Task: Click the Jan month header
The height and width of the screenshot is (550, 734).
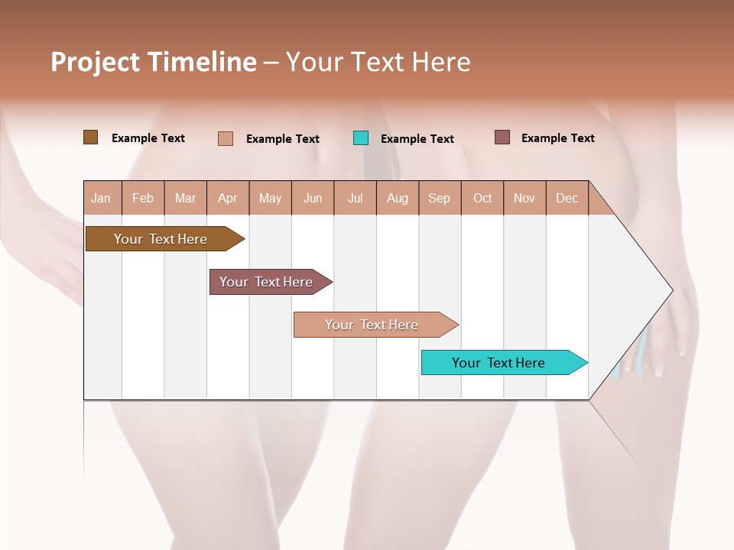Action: (102, 198)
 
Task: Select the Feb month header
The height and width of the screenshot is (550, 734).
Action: (143, 198)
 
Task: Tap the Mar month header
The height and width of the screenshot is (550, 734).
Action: (185, 198)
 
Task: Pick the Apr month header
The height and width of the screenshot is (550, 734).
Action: (228, 198)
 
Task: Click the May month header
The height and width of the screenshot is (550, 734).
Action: (270, 198)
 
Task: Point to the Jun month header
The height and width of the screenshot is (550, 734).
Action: (313, 198)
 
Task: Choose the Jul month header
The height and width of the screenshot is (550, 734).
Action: (355, 198)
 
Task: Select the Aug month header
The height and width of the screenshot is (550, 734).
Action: (398, 198)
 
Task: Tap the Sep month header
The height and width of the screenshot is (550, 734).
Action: (440, 198)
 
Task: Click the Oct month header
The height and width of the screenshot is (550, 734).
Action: (482, 198)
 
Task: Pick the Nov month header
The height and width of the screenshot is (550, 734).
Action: (525, 198)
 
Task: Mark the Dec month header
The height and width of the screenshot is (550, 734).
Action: (567, 198)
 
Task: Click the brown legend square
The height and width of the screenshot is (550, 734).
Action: (90, 137)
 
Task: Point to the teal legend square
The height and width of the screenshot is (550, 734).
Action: (361, 138)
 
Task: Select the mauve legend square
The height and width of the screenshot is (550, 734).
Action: (502, 137)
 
